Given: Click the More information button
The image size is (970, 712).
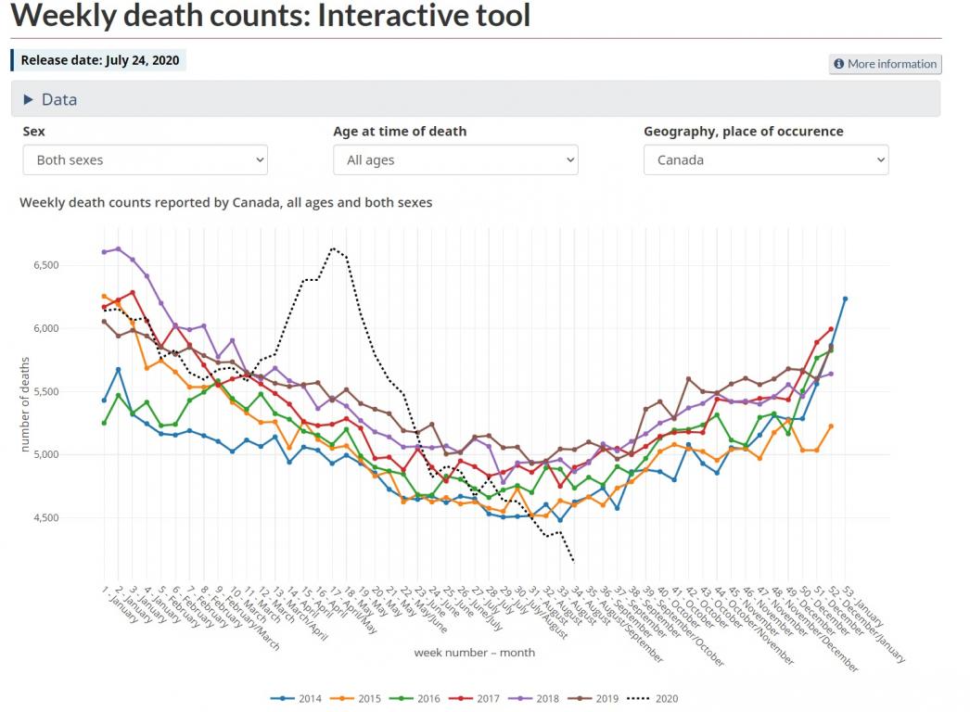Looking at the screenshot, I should point(885,64).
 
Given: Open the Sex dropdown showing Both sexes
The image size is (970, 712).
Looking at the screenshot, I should point(145,159).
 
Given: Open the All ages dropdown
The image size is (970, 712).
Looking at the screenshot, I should point(455,159).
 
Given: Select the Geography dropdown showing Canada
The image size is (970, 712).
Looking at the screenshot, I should point(766,159).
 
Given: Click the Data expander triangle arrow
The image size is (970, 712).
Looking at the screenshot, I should point(28,99).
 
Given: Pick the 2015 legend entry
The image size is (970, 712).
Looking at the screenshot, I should point(362,698).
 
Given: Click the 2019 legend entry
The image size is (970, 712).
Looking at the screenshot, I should point(599,698).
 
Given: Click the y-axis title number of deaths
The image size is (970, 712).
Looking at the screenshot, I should point(25,404).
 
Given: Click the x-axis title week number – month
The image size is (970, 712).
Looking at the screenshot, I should point(474,653).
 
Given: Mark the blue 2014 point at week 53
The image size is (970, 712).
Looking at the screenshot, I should point(845,299).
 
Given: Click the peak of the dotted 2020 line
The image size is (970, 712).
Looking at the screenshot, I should point(333,248).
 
